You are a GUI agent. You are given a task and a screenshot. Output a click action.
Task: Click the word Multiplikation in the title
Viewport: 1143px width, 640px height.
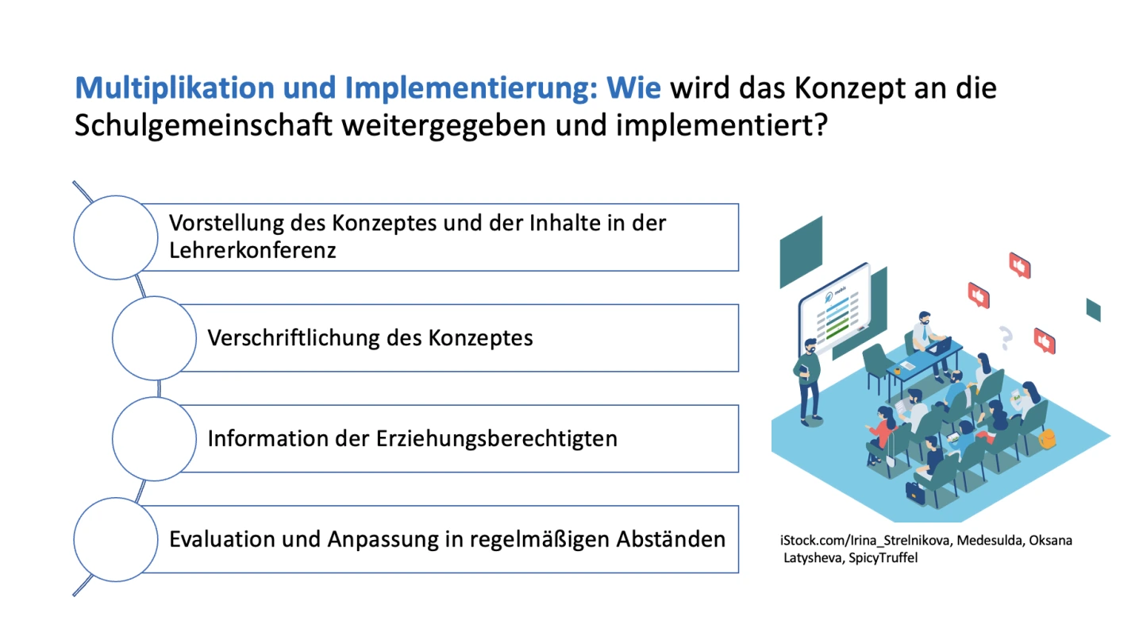175,88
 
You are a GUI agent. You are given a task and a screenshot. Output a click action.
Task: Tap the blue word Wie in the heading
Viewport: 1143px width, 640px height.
633,87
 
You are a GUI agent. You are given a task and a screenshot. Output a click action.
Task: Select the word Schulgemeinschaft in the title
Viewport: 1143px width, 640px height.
203,125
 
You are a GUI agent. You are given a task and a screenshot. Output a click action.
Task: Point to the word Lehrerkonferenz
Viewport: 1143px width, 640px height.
252,250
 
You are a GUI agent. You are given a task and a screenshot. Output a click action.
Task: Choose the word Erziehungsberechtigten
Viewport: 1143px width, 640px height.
497,439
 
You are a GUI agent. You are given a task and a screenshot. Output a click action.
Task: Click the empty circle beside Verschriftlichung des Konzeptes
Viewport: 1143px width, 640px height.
154,337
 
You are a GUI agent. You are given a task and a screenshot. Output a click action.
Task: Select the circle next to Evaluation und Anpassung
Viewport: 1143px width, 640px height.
116,539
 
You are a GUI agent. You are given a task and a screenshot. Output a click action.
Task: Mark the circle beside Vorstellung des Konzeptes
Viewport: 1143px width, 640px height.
116,237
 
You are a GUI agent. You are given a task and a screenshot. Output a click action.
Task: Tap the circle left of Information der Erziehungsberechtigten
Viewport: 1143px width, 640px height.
154,439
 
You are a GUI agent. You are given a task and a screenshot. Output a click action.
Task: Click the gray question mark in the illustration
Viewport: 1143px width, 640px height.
1005,337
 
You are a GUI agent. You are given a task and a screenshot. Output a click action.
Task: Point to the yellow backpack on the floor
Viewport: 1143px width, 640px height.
1046,438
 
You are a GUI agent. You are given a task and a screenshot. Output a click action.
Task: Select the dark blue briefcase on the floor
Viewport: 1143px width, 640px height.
915,492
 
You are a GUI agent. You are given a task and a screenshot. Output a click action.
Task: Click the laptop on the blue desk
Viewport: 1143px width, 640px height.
940,346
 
